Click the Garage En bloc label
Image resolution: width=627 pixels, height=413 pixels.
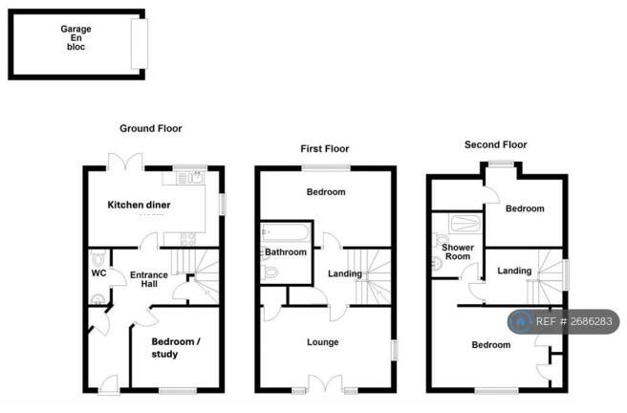coord(76,37)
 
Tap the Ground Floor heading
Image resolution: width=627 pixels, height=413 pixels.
coord(151,128)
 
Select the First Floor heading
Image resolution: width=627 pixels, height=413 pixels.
coord(325,149)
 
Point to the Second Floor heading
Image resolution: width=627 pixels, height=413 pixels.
coord(495,144)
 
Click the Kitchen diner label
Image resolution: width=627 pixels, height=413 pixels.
coord(139,205)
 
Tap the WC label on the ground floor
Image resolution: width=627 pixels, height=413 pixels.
coord(98,273)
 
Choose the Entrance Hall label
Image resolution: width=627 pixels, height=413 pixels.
coord(149,279)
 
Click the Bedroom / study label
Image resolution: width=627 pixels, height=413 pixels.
coord(176,348)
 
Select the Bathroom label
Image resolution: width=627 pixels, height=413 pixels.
coord(286,252)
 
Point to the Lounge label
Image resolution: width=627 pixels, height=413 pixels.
coord(323,342)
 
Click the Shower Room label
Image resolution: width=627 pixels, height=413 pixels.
coord(458,251)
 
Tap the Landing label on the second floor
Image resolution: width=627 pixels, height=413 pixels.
coord(514,272)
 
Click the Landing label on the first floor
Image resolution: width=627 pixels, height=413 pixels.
coord(345,273)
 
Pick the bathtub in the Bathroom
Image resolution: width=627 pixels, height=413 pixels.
coord(286,232)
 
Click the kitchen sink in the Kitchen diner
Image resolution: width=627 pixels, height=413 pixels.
coord(196,178)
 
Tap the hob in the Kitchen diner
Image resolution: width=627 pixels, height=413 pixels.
coord(187,239)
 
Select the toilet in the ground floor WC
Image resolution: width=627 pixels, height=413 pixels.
coord(97,258)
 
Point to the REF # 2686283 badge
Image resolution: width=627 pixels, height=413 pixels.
coord(563,321)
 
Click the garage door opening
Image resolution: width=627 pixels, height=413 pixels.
coord(140,44)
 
